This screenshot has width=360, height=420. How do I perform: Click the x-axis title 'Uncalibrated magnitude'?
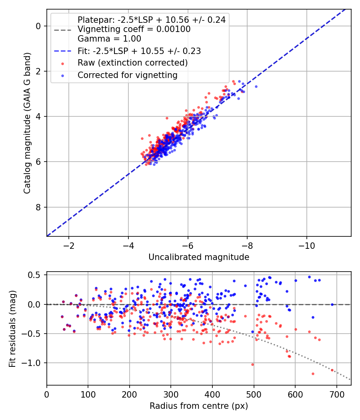(x=199, y=257)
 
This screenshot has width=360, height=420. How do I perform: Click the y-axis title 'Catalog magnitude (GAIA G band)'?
(x=27, y=123)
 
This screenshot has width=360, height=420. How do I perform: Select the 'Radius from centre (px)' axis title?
(x=199, y=406)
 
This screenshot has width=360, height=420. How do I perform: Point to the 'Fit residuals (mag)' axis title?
(x=12, y=329)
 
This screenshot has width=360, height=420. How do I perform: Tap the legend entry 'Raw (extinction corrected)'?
(x=132, y=63)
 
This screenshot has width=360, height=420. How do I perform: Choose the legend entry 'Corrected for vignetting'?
(x=128, y=75)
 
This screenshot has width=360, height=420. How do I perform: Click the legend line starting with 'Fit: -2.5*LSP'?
(x=139, y=51)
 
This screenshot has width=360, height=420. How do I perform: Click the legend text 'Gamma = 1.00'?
(x=109, y=38)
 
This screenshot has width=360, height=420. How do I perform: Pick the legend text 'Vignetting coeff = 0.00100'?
(x=134, y=29)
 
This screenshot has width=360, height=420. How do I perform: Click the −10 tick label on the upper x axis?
(x=307, y=246)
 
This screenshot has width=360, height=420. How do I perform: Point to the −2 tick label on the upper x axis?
(x=69, y=246)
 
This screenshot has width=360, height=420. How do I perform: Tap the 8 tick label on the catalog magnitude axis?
(x=38, y=207)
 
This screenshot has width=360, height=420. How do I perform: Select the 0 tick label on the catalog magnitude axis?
(x=38, y=26)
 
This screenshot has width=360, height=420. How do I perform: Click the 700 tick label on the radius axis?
(x=336, y=394)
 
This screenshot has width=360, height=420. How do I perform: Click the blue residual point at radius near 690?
(x=332, y=304)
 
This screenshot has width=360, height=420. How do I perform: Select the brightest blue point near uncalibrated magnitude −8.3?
(x=256, y=86)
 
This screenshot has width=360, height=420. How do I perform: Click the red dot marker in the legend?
(x=62, y=64)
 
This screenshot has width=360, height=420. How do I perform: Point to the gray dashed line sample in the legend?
(x=62, y=30)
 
